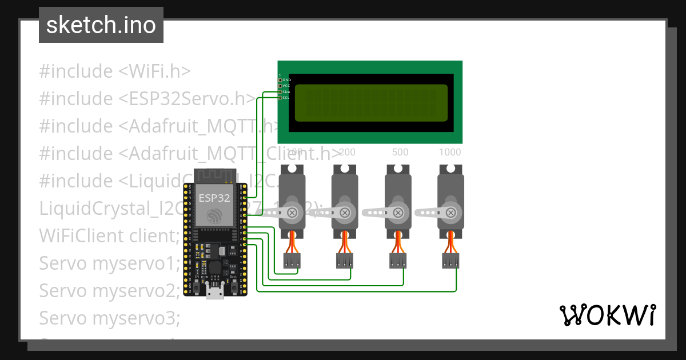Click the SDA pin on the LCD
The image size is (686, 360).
point(280,91)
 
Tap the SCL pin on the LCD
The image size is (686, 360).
point(280,97)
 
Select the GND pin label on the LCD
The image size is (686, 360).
point(286,80)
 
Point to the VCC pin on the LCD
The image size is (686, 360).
point(280,86)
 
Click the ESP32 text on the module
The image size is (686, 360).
point(214,198)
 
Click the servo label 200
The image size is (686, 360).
point(347,153)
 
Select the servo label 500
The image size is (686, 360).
point(400,153)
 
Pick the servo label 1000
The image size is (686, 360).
point(450,153)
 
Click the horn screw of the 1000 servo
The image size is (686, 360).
point(450,213)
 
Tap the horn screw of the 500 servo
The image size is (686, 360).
point(398,213)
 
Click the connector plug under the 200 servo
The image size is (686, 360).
point(345,261)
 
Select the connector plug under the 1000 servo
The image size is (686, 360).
point(450,261)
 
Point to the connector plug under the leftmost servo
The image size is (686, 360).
point(292,261)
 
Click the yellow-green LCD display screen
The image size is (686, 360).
point(371,103)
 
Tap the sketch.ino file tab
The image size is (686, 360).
point(101,25)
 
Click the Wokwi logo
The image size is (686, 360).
point(607,315)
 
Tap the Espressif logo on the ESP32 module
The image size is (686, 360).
point(214,216)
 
